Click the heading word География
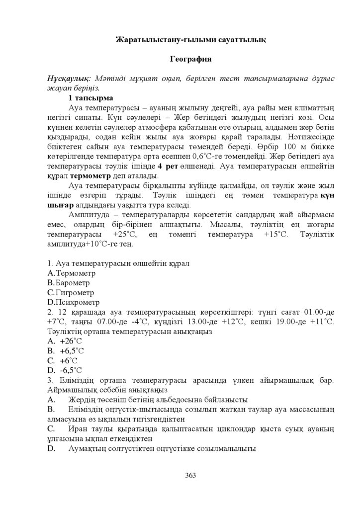coord(191,59)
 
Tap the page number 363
coord(190,475)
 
